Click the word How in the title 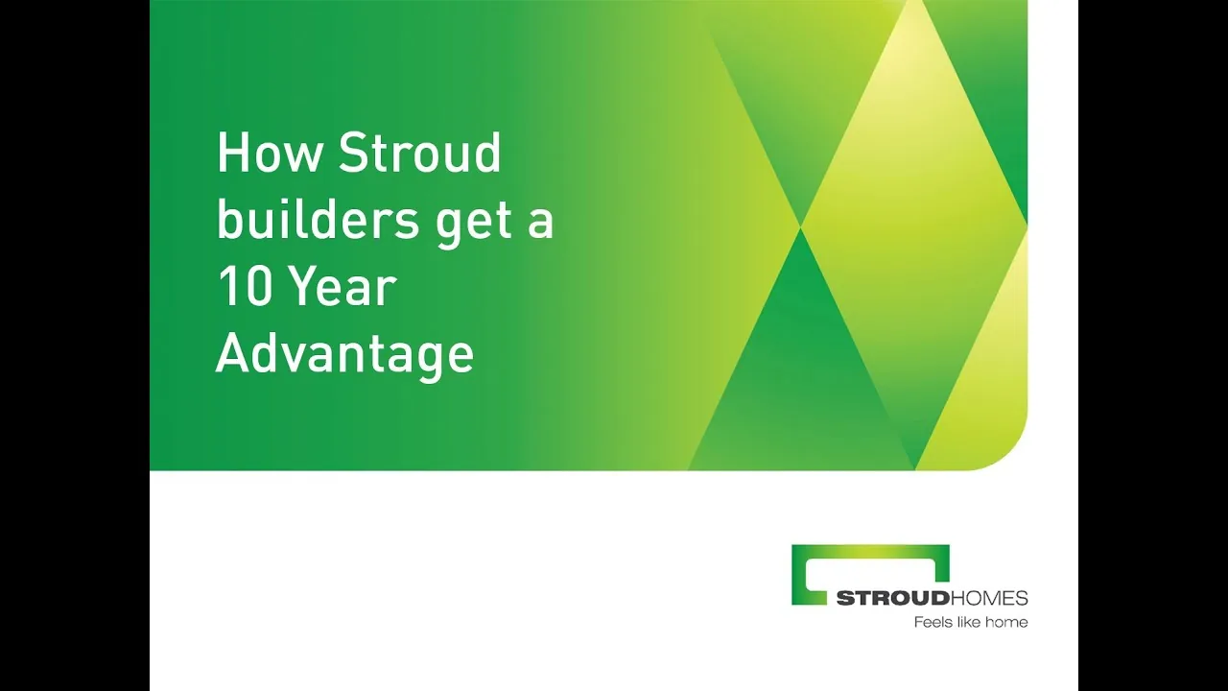point(269,153)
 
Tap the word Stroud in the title point(419,152)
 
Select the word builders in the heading point(318,220)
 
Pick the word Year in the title point(342,287)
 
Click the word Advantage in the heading point(344,356)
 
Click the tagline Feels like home point(970,623)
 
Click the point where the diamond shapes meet point(801,226)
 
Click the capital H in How point(230,153)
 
